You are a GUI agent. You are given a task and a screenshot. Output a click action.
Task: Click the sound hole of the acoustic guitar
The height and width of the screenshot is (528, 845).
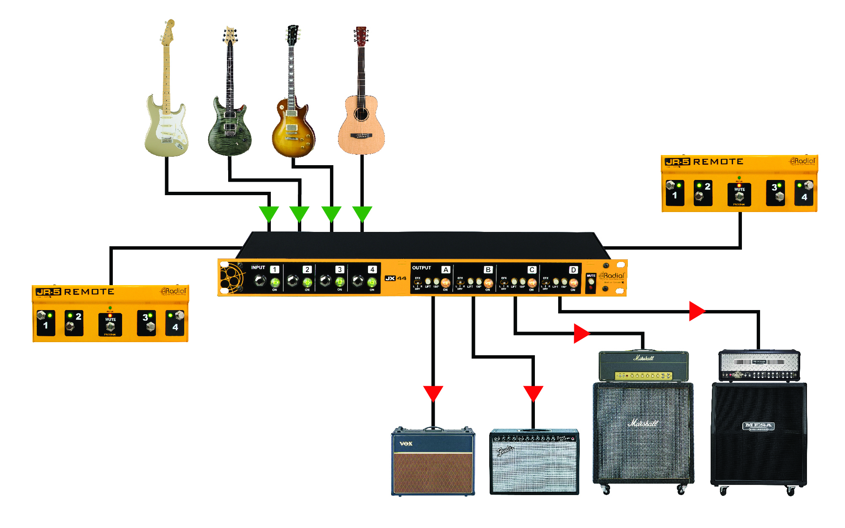[x=361, y=114]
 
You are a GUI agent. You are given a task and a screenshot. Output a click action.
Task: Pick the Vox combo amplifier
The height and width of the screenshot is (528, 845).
[x=433, y=463]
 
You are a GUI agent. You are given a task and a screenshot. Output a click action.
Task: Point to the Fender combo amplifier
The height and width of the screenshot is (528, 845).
[x=534, y=463]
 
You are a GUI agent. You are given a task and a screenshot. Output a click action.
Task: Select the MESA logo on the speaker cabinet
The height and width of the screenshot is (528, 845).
[x=758, y=426]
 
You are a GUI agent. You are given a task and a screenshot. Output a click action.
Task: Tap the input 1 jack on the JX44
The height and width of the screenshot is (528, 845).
[x=260, y=280]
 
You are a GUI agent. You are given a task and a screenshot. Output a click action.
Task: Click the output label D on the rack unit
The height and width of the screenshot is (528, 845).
[x=573, y=270]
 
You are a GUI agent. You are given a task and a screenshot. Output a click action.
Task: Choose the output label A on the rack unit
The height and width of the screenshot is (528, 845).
[x=445, y=270]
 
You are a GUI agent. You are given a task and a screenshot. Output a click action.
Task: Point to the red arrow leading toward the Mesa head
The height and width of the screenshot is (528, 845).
[x=696, y=311]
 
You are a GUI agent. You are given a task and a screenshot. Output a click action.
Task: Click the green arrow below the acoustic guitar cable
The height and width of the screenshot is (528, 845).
[x=362, y=213]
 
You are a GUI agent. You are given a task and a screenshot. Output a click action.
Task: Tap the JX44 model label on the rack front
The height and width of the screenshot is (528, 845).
[x=395, y=278]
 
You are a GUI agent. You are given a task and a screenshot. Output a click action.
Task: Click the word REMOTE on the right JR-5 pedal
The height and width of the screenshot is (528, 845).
[x=718, y=162]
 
